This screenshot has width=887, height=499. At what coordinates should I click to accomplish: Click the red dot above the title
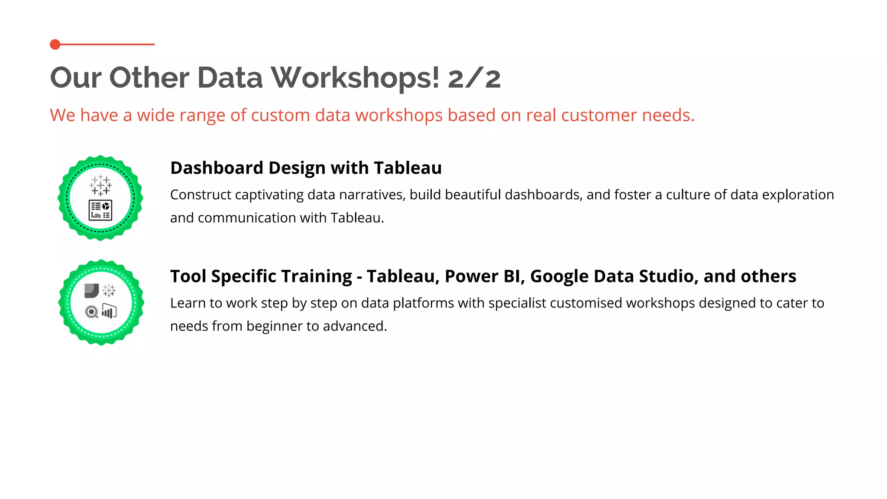(55, 44)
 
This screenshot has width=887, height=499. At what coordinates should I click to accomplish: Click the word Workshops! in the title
(355, 78)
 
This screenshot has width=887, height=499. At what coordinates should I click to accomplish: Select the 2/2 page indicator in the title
(474, 78)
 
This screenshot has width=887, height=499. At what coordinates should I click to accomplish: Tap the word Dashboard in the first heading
(217, 168)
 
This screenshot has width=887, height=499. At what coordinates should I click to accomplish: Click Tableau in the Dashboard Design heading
(408, 168)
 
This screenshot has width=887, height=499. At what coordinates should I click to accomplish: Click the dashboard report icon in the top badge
(100, 210)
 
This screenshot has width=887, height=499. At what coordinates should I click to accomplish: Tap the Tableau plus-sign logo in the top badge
(100, 185)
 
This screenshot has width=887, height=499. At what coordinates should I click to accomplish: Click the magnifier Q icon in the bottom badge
(92, 312)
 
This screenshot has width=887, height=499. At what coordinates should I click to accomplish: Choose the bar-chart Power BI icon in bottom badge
(109, 311)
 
